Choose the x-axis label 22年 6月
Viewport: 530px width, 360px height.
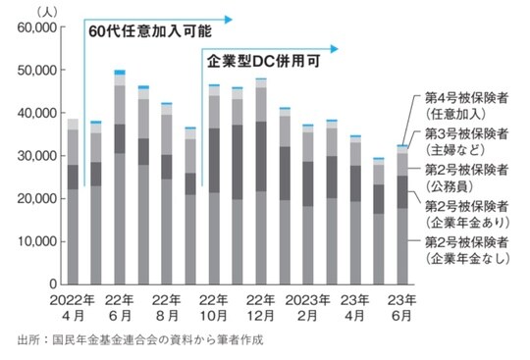120,307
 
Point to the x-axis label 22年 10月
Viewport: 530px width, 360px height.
212,307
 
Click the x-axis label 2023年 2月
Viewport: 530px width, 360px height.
307,307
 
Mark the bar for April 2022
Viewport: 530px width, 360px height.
73,206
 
